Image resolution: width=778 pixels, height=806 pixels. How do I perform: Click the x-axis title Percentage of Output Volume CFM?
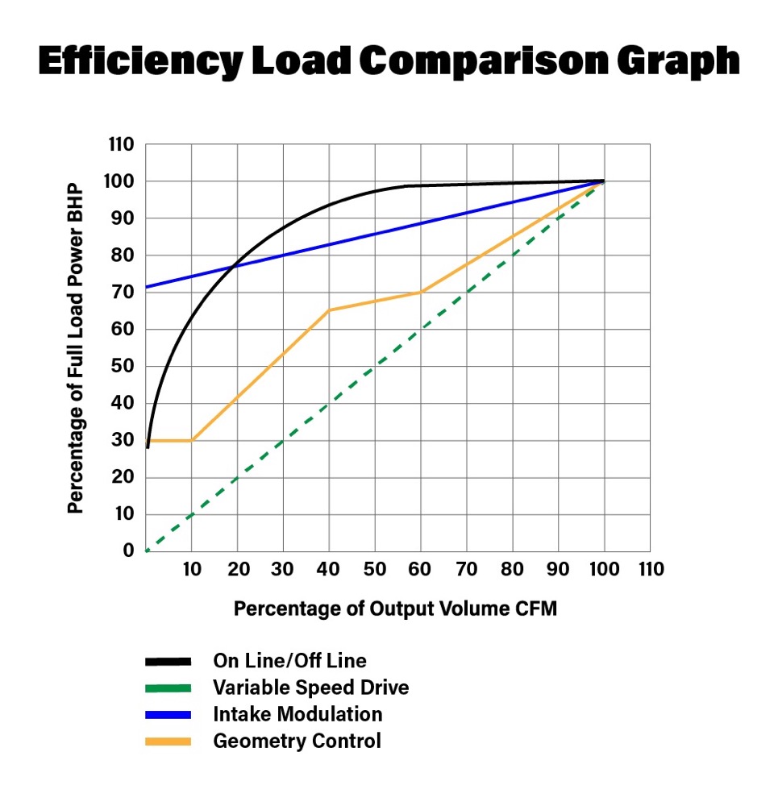click(x=395, y=609)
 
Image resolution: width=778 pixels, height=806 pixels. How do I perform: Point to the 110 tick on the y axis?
click(x=120, y=145)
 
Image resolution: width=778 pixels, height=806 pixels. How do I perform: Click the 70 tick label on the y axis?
click(x=123, y=293)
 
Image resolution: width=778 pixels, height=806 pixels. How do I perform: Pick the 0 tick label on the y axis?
click(x=128, y=551)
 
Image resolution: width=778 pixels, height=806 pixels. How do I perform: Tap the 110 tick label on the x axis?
click(x=650, y=570)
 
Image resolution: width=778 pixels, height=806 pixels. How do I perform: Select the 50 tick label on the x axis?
click(x=375, y=570)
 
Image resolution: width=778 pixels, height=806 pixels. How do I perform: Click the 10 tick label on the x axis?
click(x=191, y=570)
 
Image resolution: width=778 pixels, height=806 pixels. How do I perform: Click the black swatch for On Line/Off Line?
click(x=168, y=662)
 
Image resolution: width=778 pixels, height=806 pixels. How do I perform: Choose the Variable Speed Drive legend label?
click(x=310, y=688)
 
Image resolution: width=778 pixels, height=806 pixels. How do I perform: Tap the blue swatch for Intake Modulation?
click(x=168, y=714)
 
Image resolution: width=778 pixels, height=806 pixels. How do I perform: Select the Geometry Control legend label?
click(x=297, y=741)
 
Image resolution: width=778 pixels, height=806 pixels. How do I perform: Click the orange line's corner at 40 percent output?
click(x=329, y=310)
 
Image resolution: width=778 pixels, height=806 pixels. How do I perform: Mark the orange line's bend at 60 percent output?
click(x=421, y=292)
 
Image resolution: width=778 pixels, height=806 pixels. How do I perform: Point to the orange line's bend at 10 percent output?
click(x=192, y=440)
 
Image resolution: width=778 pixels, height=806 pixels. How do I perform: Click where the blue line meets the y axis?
click(x=146, y=287)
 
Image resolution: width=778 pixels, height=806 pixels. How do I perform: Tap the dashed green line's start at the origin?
click(x=147, y=550)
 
